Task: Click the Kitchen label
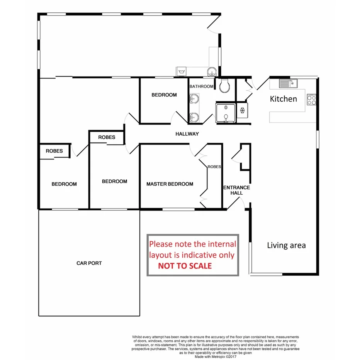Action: click(x=283, y=99)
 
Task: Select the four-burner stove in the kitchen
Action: click(x=311, y=100)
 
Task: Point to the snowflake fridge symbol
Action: click(x=242, y=110)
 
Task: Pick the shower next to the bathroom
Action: click(x=225, y=113)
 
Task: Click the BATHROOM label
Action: click(x=201, y=87)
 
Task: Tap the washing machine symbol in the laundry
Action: click(x=181, y=71)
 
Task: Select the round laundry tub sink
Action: click(x=211, y=71)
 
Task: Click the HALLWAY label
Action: click(x=187, y=134)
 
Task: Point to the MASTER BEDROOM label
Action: click(x=170, y=184)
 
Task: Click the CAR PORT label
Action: click(x=89, y=263)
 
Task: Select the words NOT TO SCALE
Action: click(x=185, y=266)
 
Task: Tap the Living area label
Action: click(x=286, y=245)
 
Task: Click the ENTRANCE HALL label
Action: click(x=236, y=190)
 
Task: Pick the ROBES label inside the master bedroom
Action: click(x=214, y=167)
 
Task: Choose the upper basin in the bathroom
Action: click(x=194, y=100)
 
